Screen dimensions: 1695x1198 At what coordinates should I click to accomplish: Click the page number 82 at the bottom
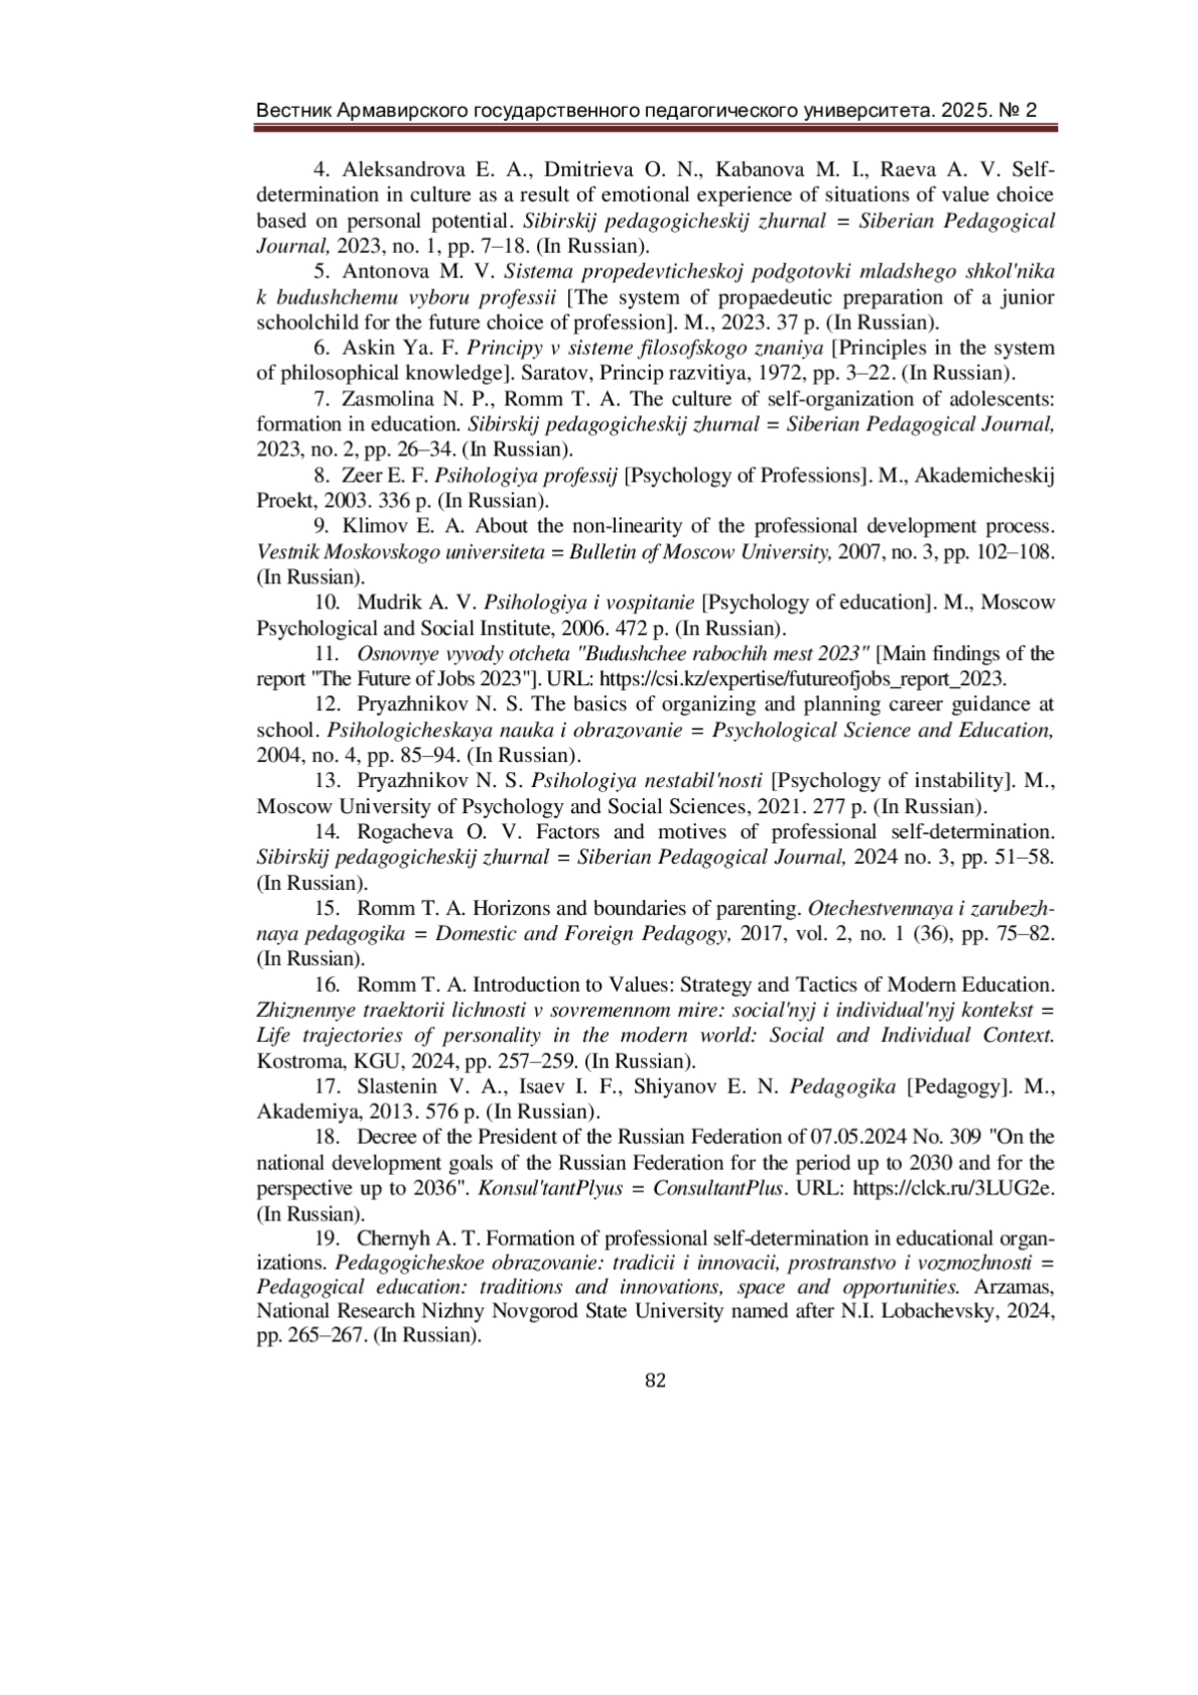(x=655, y=1380)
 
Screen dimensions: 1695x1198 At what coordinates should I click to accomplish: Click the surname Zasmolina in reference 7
(x=385, y=399)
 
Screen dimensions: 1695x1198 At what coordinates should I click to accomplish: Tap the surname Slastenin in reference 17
(x=399, y=1086)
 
